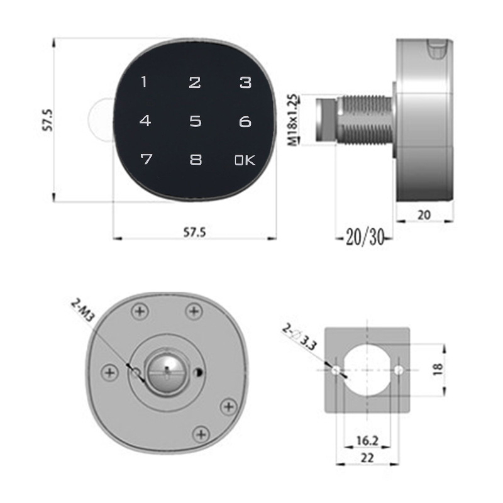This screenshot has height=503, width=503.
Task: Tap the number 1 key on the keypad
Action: click(144, 82)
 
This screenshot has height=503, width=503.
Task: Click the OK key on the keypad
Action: click(245, 160)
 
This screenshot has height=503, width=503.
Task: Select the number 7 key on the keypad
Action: click(146, 159)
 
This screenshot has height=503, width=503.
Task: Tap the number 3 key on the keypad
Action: click(245, 82)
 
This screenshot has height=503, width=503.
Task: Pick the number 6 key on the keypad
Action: click(245, 121)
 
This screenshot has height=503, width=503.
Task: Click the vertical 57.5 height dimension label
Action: click(48, 120)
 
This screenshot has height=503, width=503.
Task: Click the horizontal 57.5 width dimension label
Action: click(194, 232)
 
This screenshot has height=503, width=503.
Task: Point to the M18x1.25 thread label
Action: click(292, 120)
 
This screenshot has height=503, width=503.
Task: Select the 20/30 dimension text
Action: click(365, 238)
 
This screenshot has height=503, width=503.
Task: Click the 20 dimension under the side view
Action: click(424, 215)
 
